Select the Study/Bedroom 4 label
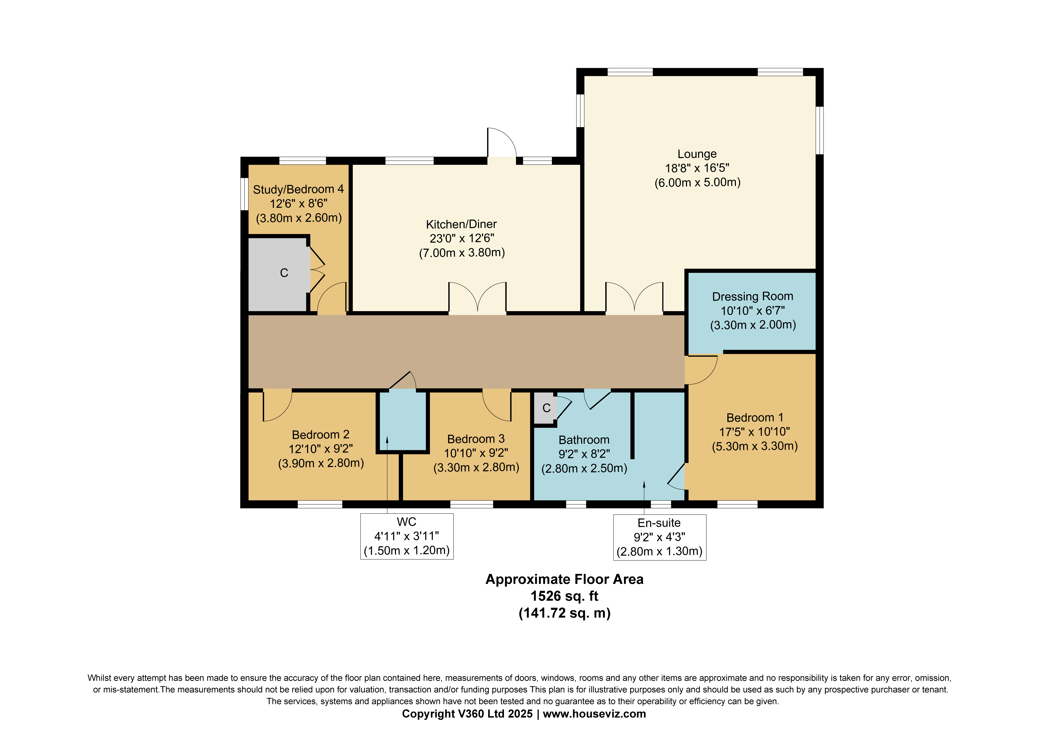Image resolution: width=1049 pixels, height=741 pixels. tap(298, 189)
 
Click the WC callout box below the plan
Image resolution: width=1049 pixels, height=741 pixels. tap(407, 536)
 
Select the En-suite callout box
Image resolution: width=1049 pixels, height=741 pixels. tap(659, 537)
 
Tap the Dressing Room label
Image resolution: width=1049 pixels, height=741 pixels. tap(752, 296)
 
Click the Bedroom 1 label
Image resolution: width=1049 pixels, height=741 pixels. tap(755, 418)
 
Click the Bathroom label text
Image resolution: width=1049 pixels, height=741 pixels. tap(584, 440)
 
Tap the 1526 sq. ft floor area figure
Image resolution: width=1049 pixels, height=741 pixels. tap(564, 596)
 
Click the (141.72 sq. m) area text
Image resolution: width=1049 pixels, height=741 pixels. tap(564, 613)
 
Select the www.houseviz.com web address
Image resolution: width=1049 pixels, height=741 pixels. tap(594, 714)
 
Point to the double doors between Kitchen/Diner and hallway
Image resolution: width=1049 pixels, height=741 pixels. tap(477, 298)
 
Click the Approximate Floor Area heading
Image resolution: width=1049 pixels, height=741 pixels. tap(564, 579)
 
